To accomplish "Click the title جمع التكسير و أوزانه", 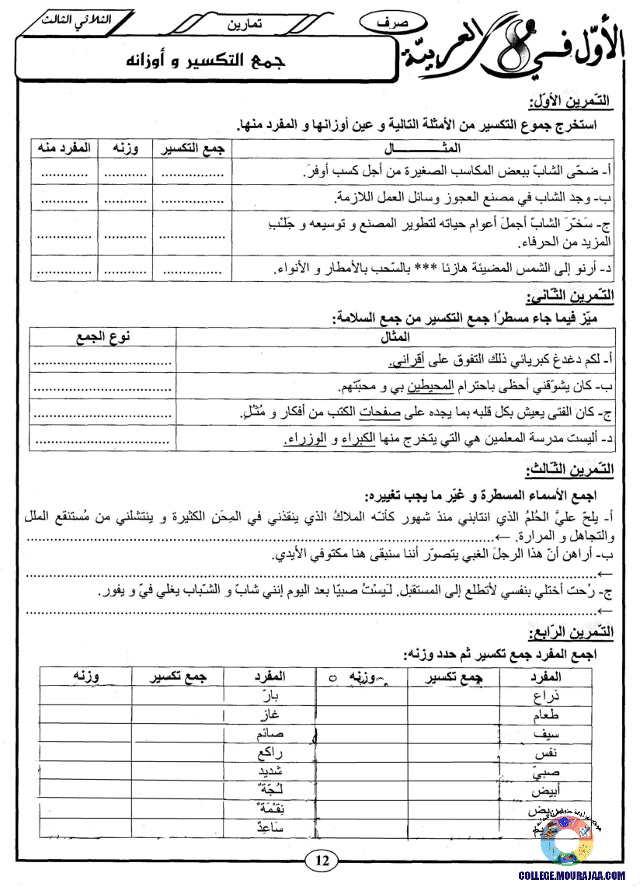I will (x=205, y=61).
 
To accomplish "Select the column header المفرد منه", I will (x=64, y=148).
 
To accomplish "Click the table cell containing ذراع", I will (x=548, y=695).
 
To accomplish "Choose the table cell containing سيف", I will (x=547, y=734).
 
